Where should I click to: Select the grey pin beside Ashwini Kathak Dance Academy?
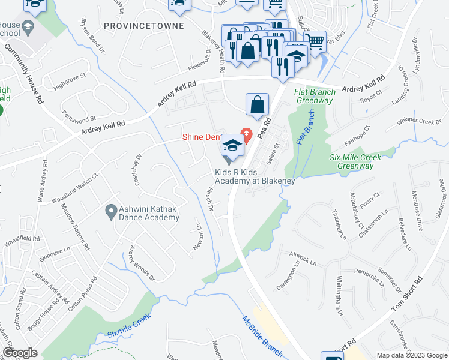click(x=110, y=211)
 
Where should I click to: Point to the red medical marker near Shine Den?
click(x=245, y=133)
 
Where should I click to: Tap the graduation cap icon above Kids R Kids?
click(x=232, y=145)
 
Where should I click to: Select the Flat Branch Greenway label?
click(x=313, y=96)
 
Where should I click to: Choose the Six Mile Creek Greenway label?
click(x=355, y=161)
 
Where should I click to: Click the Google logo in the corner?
click(x=20, y=353)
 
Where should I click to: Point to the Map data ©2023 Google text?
click(x=411, y=355)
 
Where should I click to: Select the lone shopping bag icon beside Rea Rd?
click(x=257, y=104)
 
